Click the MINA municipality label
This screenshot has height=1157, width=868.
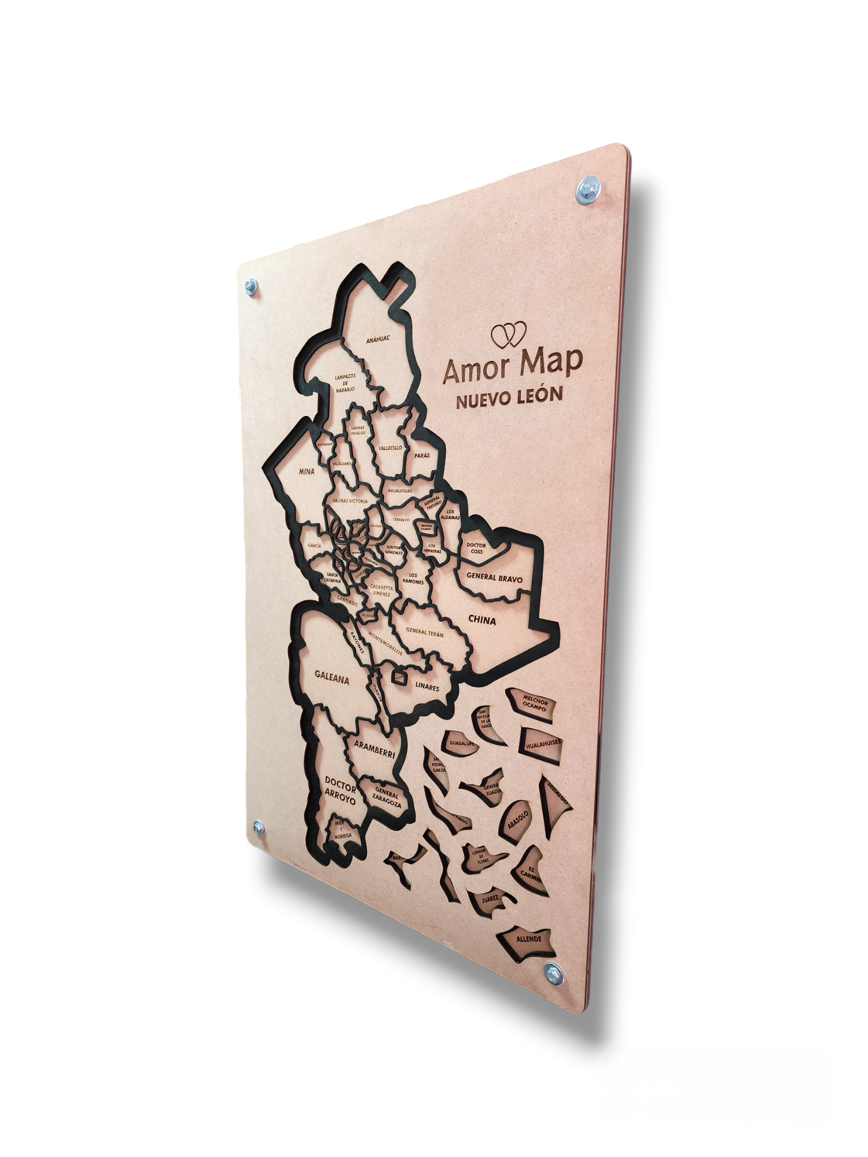point(306,471)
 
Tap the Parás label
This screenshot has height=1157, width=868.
point(422,456)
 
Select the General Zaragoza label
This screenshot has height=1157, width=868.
point(387,795)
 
